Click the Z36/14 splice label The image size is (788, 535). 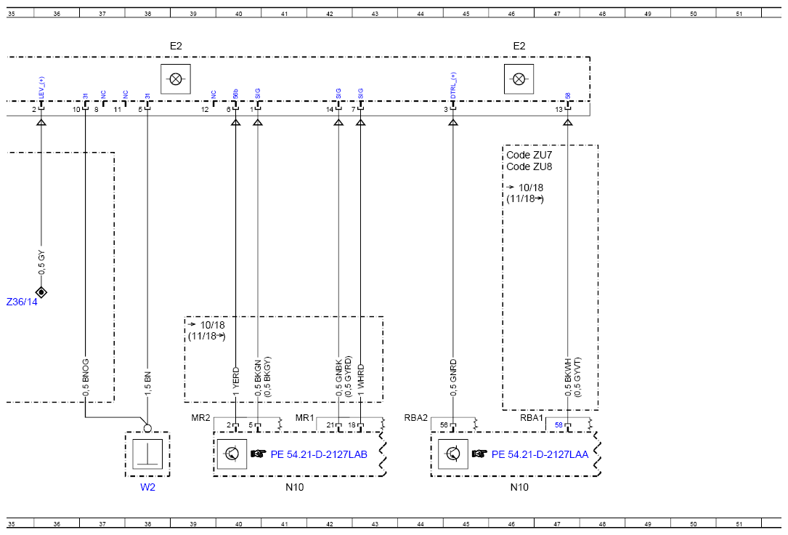(x=22, y=302)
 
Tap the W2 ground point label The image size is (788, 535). (x=147, y=487)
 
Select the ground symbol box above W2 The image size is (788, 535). (x=147, y=454)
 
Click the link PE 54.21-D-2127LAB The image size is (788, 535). (x=319, y=454)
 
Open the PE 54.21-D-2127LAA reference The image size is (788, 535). (x=540, y=454)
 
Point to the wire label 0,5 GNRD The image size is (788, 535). (x=453, y=377)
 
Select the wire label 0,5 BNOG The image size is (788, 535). (x=86, y=377)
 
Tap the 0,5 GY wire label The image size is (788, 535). (x=41, y=262)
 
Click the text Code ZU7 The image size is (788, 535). (x=529, y=155)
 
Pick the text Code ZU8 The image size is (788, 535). (x=529, y=166)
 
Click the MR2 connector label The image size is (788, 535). (x=200, y=418)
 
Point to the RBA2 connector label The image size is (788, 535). (x=415, y=418)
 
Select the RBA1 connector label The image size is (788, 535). (x=532, y=418)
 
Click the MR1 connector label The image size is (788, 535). (x=304, y=418)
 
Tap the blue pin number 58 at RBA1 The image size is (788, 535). (x=558, y=425)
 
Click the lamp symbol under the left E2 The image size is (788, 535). (x=175, y=79)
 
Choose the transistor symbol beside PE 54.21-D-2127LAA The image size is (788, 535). (x=452, y=454)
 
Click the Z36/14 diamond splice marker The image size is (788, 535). (x=41, y=291)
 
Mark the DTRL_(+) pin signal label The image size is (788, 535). (x=453, y=86)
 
